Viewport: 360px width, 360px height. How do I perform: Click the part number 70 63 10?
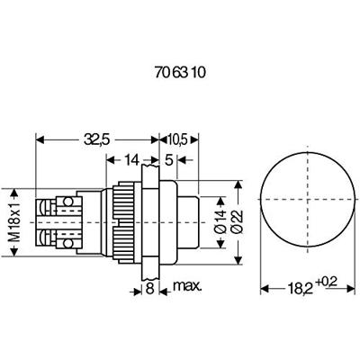(181, 73)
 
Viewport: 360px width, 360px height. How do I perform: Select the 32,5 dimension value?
(97, 139)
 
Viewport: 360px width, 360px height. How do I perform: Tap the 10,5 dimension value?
(177, 139)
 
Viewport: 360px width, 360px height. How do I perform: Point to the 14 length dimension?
(131, 160)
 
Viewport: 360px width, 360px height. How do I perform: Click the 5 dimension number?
(169, 160)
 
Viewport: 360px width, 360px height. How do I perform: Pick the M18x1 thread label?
(14, 222)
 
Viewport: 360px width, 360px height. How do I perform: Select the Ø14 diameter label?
(220, 222)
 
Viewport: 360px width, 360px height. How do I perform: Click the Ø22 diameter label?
(237, 222)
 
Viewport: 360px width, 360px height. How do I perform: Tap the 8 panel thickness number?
(149, 289)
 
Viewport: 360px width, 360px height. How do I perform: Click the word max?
(188, 286)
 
